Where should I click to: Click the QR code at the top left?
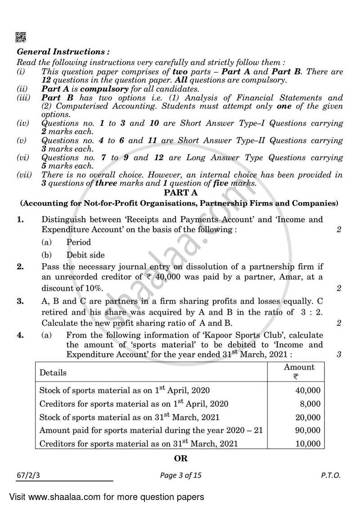click(x=21, y=37)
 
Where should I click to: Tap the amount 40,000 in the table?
click(x=307, y=390)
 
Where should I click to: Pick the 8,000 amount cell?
click(x=310, y=404)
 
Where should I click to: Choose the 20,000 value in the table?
click(x=307, y=417)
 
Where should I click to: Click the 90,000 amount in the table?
click(x=307, y=430)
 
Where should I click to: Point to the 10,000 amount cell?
click(x=307, y=444)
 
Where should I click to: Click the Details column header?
click(x=53, y=373)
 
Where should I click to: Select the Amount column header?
click(x=299, y=367)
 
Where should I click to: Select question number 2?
click(x=20, y=267)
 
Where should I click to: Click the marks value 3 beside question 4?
click(x=338, y=355)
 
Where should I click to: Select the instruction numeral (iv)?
click(x=22, y=123)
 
